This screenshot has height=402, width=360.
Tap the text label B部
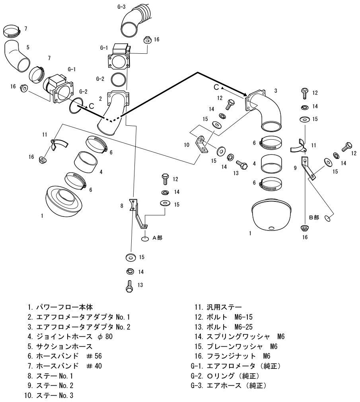(314, 218)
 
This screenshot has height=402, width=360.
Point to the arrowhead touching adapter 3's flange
(243, 95)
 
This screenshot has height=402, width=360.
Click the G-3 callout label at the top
(122, 7)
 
